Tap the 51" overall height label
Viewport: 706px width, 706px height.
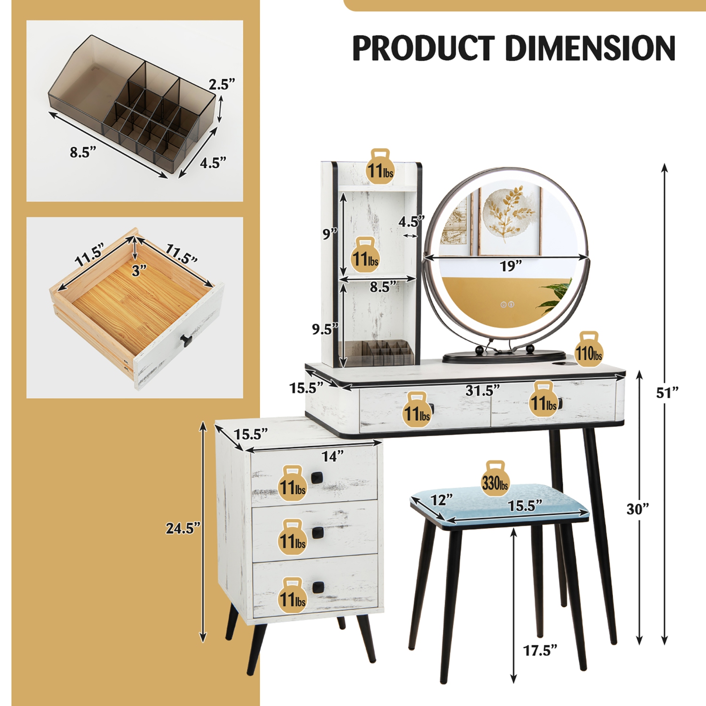coord(667,392)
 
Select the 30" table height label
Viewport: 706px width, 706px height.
coord(638,509)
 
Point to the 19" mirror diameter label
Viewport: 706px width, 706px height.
coord(511,266)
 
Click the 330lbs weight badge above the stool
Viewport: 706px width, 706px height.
coord(495,482)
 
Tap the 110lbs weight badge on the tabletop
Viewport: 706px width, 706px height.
coord(588,352)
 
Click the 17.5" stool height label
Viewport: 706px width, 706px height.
coord(540,650)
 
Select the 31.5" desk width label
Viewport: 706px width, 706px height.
coord(482,390)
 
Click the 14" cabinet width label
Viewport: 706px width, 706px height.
coord(332,456)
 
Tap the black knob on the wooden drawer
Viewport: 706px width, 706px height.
coord(187,339)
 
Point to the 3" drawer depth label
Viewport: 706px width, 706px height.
coord(139,271)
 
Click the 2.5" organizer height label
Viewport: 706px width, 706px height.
coord(222,85)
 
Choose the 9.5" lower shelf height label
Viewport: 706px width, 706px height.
coord(325,329)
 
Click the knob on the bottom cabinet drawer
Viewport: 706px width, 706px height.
coord(319,587)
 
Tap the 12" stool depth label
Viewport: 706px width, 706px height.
coord(441,499)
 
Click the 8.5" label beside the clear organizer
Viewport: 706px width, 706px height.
coord(83,152)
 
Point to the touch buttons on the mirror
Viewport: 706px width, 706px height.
coord(507,305)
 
